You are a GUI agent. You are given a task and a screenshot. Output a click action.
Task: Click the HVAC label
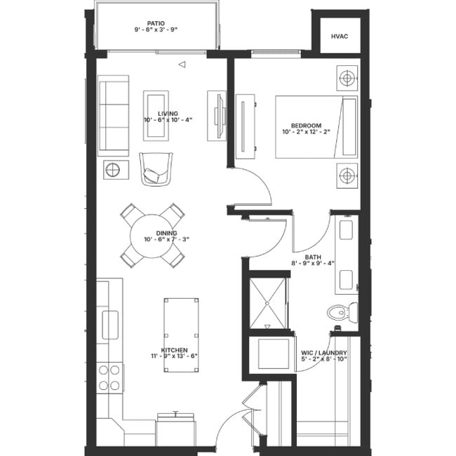[x=339, y=36]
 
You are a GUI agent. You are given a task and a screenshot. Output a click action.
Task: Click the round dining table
[x=153, y=235]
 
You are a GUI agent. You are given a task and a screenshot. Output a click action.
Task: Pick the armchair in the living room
[x=156, y=168]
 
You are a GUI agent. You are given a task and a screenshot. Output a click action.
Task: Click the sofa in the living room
[x=113, y=115]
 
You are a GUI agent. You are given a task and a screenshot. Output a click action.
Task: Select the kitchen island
[x=180, y=327]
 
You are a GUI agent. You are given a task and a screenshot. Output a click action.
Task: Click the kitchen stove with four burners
[x=109, y=377]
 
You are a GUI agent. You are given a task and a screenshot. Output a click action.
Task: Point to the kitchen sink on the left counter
[x=110, y=324]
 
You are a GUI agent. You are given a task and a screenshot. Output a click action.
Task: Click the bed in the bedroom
[x=315, y=127]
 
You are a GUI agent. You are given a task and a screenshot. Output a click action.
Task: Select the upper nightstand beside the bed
[x=347, y=78]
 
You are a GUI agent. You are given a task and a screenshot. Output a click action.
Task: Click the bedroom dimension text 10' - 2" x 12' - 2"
[x=306, y=131]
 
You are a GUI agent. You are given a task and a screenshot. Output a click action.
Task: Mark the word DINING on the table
[x=166, y=233]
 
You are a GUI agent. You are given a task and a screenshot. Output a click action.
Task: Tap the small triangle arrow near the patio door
[x=181, y=65]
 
